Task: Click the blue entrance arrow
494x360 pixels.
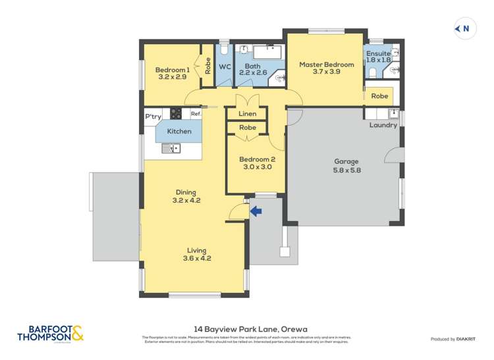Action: pyautogui.click(x=256, y=211)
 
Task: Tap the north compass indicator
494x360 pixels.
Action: pyautogui.click(x=464, y=28)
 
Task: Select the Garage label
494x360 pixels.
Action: pyautogui.click(x=346, y=161)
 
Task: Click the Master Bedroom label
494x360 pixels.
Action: pyautogui.click(x=326, y=64)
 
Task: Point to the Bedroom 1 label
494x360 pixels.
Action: pyautogui.click(x=172, y=70)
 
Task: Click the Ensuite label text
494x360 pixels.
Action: pyautogui.click(x=378, y=53)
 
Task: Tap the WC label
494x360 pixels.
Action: pyautogui.click(x=225, y=66)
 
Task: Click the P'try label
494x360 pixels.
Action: pyautogui.click(x=153, y=116)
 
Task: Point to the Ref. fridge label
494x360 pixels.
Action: pyautogui.click(x=195, y=114)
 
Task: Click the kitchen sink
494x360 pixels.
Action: pyautogui.click(x=172, y=149)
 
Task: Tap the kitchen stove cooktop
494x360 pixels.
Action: pyautogui.click(x=177, y=113)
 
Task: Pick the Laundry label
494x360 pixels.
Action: pyautogui.click(x=383, y=125)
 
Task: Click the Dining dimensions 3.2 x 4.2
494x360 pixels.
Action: pyautogui.click(x=186, y=200)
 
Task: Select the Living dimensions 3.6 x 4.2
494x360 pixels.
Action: pyautogui.click(x=196, y=258)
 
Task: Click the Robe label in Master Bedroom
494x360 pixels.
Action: pyautogui.click(x=379, y=96)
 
